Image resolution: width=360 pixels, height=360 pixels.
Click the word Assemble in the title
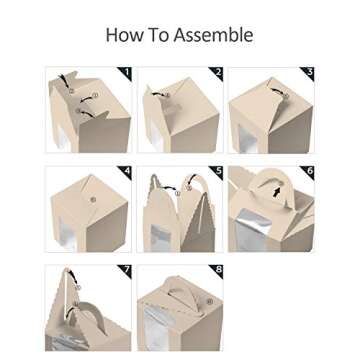pyautogui.click(x=213, y=36)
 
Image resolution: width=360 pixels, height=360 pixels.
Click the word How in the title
pyautogui.click(x=125, y=36)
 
